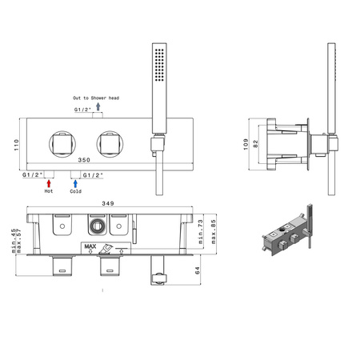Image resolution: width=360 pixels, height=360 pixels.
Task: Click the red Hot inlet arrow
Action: (x=49, y=183)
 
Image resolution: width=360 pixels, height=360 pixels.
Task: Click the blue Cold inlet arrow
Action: (x=75, y=183)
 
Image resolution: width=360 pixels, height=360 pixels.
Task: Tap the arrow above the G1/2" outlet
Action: (x=98, y=106)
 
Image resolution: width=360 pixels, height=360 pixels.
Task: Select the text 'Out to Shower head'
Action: (x=96, y=98)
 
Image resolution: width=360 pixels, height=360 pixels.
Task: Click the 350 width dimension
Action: (x=84, y=160)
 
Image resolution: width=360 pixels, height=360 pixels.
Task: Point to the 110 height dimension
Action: (x=17, y=145)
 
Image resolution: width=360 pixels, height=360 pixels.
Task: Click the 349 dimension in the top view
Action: (x=108, y=203)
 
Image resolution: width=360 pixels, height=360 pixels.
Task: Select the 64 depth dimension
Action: (x=198, y=270)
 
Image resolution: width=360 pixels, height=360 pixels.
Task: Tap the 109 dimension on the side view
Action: (x=246, y=144)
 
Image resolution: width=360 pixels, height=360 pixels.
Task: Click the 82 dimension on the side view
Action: (x=255, y=144)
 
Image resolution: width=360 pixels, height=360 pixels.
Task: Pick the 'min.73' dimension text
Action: (x=201, y=231)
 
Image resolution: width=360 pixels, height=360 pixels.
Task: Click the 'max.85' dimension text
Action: (x=214, y=231)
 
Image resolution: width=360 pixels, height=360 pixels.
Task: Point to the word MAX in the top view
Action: (x=90, y=246)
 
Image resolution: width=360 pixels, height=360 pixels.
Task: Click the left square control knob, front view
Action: (x=62, y=144)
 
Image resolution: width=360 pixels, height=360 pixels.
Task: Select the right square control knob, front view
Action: (x=110, y=144)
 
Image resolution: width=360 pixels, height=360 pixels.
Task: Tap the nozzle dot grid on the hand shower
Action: (x=159, y=65)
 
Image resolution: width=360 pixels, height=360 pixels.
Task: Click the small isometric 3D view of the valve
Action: (x=287, y=230)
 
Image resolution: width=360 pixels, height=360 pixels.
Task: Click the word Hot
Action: (x=49, y=191)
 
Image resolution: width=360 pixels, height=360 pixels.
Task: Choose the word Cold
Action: (x=75, y=191)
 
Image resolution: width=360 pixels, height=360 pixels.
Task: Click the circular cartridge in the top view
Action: (x=97, y=226)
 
